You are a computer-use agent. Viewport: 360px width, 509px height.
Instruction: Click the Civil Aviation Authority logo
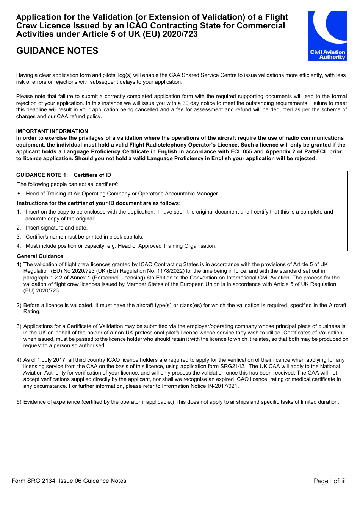327,36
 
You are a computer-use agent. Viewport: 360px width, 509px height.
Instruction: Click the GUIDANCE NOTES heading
57,51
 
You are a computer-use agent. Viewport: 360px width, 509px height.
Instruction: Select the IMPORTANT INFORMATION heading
52,131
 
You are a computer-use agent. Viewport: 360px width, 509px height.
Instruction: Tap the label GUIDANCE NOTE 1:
42,175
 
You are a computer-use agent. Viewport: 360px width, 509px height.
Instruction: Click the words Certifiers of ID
92,175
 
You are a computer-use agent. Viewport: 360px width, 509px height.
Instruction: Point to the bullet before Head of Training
19,194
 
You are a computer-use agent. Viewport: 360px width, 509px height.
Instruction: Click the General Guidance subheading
40,256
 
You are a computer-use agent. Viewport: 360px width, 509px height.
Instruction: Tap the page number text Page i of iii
329,481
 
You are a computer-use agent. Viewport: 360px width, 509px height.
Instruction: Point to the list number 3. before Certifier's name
19,237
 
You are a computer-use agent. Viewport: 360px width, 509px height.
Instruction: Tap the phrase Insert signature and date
56,228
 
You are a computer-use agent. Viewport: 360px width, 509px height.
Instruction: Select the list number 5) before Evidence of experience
19,402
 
